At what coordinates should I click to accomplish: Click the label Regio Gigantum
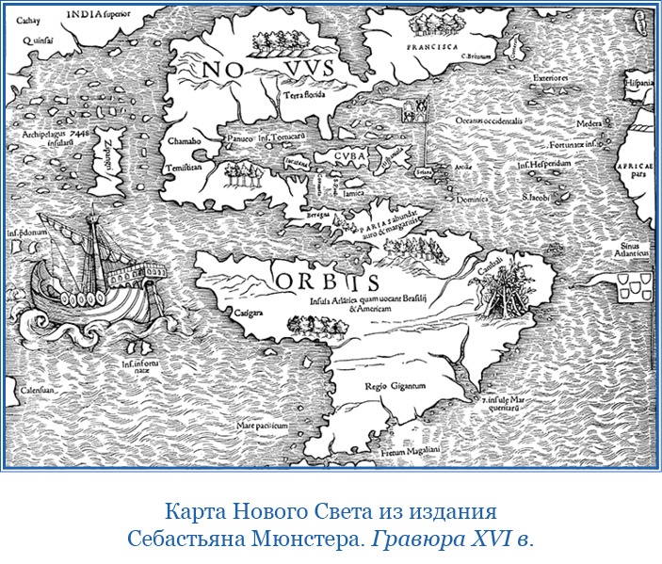pos(396,386)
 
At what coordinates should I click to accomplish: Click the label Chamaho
pos(185,139)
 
